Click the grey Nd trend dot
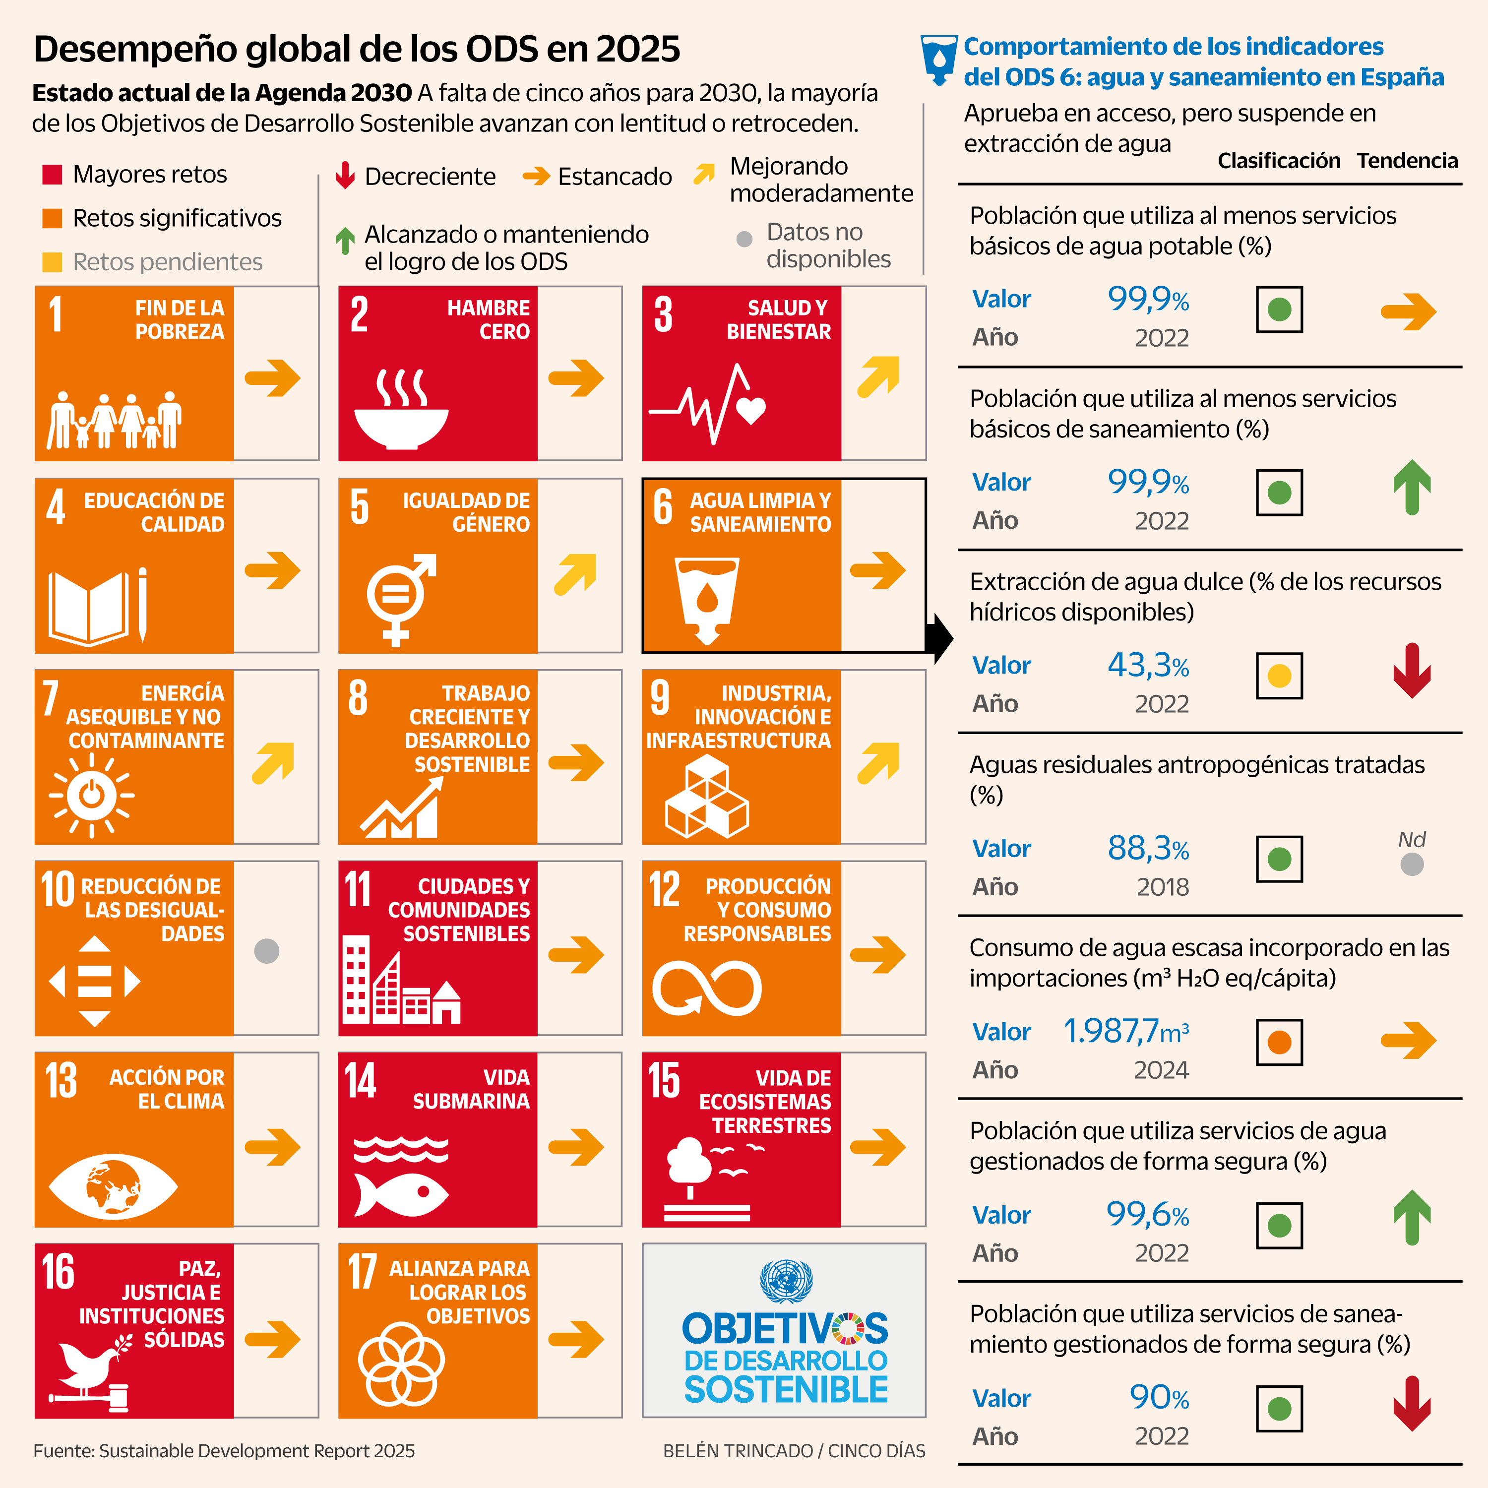1411,864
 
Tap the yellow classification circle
1279,676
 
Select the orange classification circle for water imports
1279,1042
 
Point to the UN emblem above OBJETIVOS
786,1281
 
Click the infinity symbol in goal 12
706,988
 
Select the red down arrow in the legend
345,176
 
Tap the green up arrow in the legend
345,240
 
